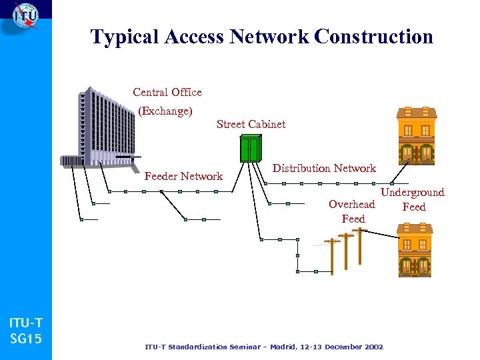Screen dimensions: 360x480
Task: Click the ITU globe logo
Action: pos(25,16)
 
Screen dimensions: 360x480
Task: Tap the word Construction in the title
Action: pos(373,37)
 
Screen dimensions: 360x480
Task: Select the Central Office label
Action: pos(167,92)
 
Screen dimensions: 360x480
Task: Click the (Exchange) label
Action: pos(165,111)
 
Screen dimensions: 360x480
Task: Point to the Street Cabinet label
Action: pos(251,124)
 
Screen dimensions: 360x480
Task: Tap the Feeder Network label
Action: pos(183,176)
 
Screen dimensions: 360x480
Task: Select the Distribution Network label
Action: pos(324,169)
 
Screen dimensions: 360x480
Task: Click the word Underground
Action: pos(412,193)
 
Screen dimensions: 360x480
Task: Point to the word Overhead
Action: pos(351,205)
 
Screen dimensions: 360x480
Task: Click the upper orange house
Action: pos(416,135)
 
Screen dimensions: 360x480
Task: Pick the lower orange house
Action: pos(415,250)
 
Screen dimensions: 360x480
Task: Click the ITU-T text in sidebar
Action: pos(26,323)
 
